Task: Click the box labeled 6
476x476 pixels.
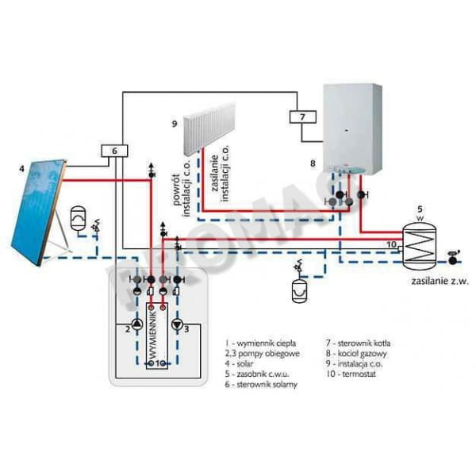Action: [113, 151]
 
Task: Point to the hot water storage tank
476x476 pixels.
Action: [421, 243]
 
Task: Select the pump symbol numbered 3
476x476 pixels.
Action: [176, 325]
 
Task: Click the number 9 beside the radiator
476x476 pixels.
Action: [173, 124]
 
